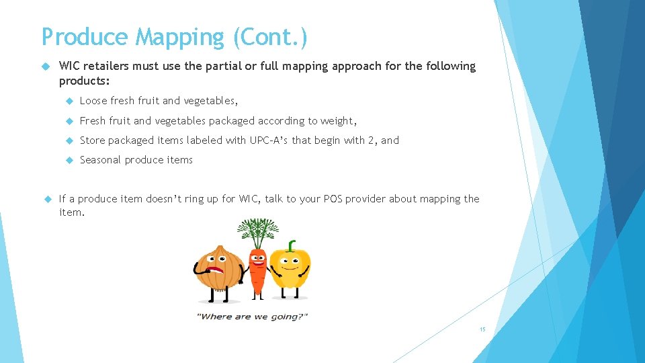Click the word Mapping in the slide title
[x=181, y=37]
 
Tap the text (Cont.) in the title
[x=271, y=37]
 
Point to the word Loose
[x=93, y=101]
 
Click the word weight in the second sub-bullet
[x=338, y=121]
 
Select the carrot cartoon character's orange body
[x=257, y=272]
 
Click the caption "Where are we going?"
[x=251, y=317]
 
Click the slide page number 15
[x=482, y=329]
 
